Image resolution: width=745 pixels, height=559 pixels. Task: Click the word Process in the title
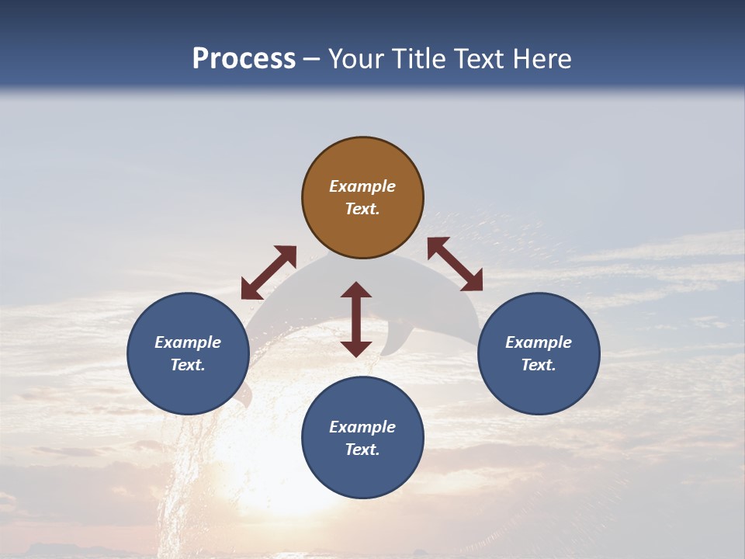[x=244, y=59]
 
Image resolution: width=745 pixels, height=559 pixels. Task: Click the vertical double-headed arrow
[x=356, y=319]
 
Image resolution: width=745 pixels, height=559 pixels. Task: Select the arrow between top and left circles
[x=269, y=273]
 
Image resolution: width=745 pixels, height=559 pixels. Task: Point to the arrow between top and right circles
[x=456, y=264]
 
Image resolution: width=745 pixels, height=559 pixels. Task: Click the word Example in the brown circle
[x=362, y=186]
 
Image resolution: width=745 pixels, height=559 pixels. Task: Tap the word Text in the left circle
[x=188, y=365]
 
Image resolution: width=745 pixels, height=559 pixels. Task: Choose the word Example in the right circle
[x=539, y=342]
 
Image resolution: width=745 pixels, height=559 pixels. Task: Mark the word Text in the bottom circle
[x=362, y=450]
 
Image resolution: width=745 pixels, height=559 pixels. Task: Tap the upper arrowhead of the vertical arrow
[x=356, y=289]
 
